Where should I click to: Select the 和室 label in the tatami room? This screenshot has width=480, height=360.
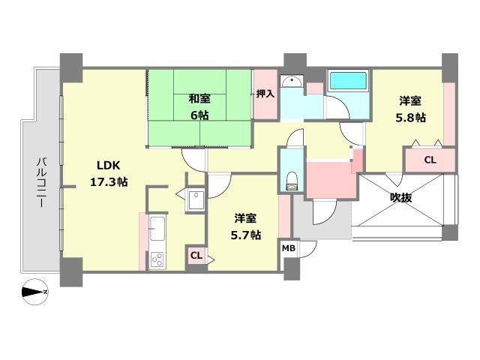tap(199, 98)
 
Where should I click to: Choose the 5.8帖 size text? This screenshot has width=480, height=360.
tap(410, 118)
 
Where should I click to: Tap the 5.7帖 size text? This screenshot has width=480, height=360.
tap(245, 235)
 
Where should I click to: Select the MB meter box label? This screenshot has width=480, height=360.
tap(289, 247)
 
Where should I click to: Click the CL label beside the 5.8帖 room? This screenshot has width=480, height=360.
tap(429, 160)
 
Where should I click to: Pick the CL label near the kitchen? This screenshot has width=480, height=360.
tap(195, 256)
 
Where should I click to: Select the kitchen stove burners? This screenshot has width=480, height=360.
tap(157, 259)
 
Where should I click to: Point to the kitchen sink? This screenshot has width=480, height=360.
tap(157, 227)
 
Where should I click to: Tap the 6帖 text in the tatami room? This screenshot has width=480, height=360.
tap(199, 115)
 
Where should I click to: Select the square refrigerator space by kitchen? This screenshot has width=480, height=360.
tap(196, 200)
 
